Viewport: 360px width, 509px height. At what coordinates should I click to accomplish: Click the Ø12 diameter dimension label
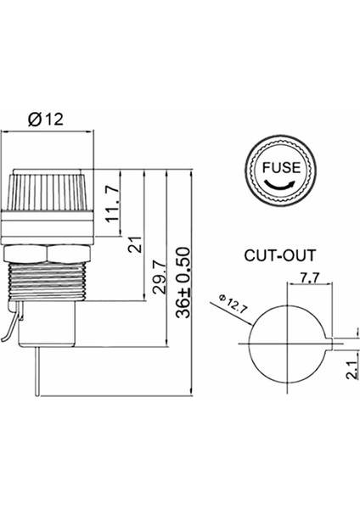click(x=47, y=120)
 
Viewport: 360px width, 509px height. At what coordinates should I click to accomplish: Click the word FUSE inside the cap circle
click(x=278, y=166)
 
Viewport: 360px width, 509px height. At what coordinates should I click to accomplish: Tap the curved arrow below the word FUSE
click(x=278, y=184)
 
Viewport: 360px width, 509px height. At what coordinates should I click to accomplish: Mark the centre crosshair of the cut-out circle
click(x=288, y=344)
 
